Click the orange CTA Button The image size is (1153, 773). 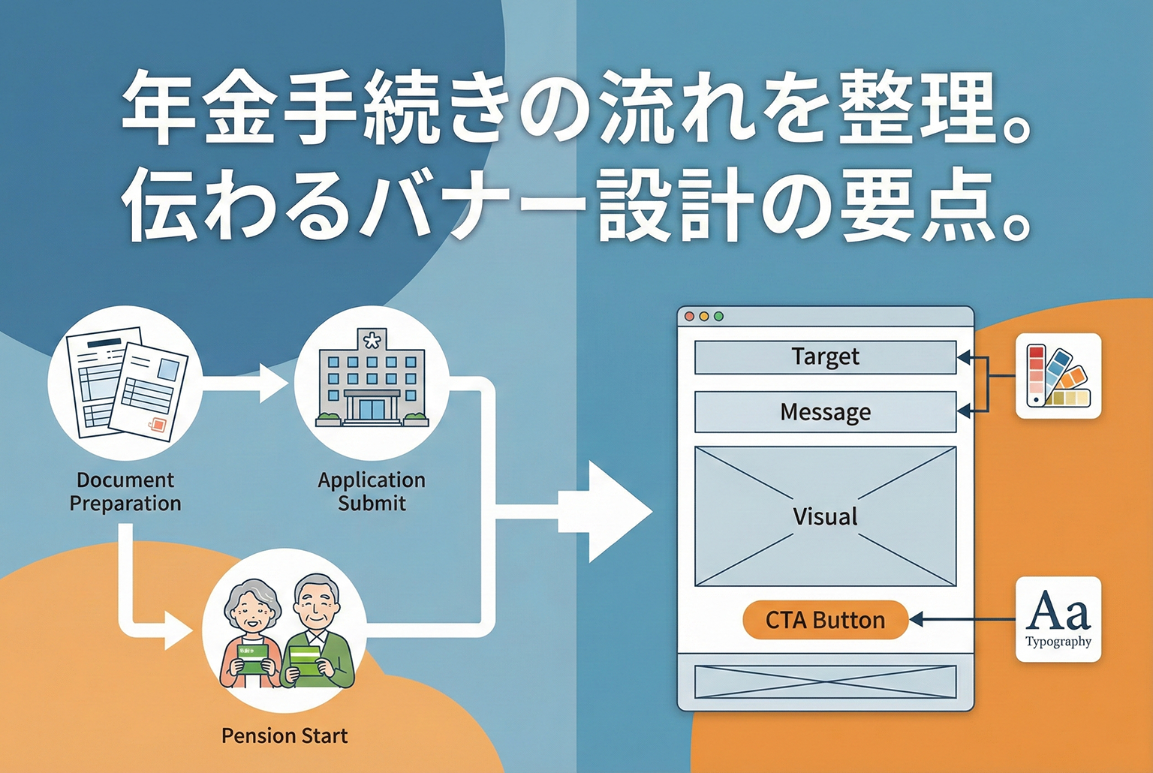825,620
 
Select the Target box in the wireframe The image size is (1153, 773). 825,356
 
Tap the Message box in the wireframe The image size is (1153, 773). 825,412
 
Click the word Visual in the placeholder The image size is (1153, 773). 825,516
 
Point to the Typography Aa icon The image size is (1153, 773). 1058,619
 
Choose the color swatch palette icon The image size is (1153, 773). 1058,376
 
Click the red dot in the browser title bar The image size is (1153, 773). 689,316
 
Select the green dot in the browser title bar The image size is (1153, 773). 718,316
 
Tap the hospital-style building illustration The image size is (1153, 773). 372,379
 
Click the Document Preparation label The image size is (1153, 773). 125,492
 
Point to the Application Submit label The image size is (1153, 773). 372,492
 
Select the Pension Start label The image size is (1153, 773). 284,735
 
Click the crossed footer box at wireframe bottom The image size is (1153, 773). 825,681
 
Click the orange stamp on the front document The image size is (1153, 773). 158,425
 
